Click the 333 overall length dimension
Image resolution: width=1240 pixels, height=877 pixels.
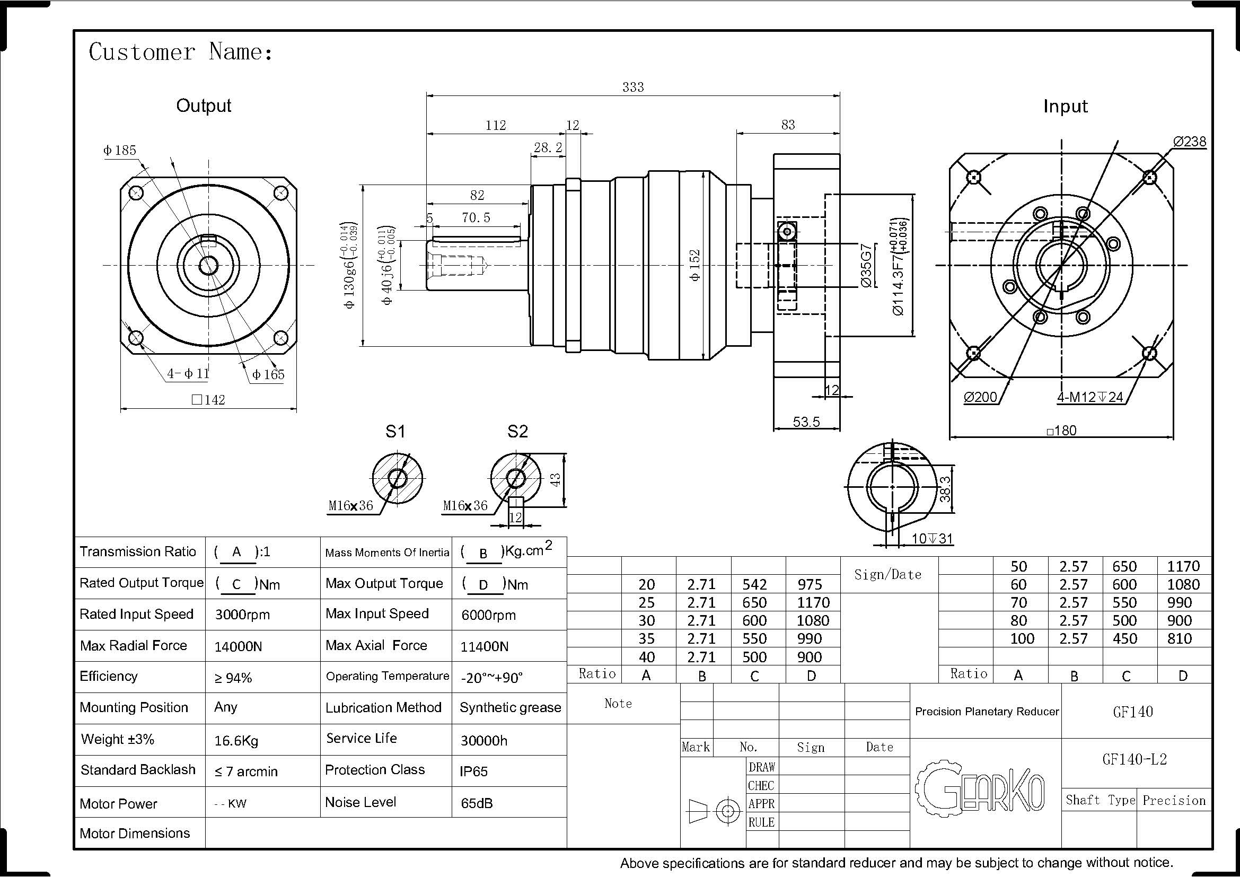pyautogui.click(x=632, y=87)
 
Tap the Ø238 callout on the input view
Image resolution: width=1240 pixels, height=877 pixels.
pyautogui.click(x=1189, y=142)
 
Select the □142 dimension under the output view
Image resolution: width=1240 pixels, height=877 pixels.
pyautogui.click(x=208, y=400)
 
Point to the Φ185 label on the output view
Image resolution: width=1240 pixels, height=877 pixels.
pyautogui.click(x=120, y=150)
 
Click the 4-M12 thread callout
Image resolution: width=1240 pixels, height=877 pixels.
pyautogui.click(x=1089, y=397)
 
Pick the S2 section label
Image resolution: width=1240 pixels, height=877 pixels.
pyautogui.click(x=517, y=431)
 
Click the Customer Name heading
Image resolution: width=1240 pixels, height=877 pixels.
pyautogui.click(x=180, y=52)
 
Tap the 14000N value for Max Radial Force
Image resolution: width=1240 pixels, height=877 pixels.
pyautogui.click(x=238, y=646)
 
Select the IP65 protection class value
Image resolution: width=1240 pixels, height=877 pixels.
pyautogui.click(x=473, y=771)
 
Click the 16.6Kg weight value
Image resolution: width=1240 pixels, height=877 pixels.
pyautogui.click(x=236, y=740)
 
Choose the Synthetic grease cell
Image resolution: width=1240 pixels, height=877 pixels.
pyautogui.click(x=510, y=707)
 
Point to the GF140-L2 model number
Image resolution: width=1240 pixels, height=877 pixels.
pyautogui.click(x=1134, y=759)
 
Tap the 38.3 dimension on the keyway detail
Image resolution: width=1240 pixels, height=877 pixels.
pyautogui.click(x=945, y=488)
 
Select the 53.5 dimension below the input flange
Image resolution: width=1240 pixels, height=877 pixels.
pyautogui.click(x=806, y=422)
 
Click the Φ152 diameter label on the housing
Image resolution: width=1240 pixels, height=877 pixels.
pyautogui.click(x=695, y=265)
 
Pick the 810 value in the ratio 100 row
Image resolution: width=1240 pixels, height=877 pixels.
pyautogui.click(x=1179, y=638)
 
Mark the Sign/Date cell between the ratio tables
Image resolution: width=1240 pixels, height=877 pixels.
pyautogui.click(x=887, y=575)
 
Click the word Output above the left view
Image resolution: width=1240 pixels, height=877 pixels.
pyautogui.click(x=204, y=106)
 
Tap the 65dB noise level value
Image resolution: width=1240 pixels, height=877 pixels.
pyautogui.click(x=477, y=803)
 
